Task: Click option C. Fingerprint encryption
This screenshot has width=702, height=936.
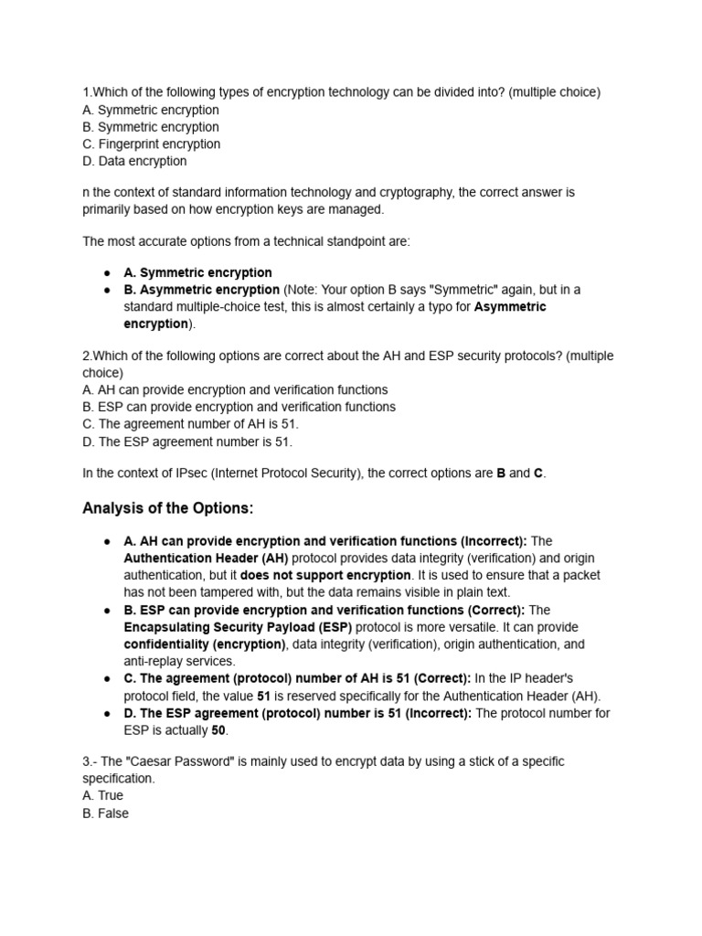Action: [x=151, y=144]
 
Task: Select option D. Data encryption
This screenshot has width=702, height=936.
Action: [x=134, y=161]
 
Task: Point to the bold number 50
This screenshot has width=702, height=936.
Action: [x=218, y=730]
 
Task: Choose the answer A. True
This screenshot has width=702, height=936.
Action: [x=103, y=795]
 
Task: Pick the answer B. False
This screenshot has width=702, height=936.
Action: [x=106, y=813]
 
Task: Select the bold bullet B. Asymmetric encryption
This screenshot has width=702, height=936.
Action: [x=202, y=290]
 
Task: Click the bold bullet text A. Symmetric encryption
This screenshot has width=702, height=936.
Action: [x=197, y=272]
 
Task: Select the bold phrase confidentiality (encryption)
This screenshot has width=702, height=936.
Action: [x=205, y=644]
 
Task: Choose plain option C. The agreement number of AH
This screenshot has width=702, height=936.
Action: [x=190, y=424]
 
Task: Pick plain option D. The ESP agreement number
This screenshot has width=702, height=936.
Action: [x=187, y=441]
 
